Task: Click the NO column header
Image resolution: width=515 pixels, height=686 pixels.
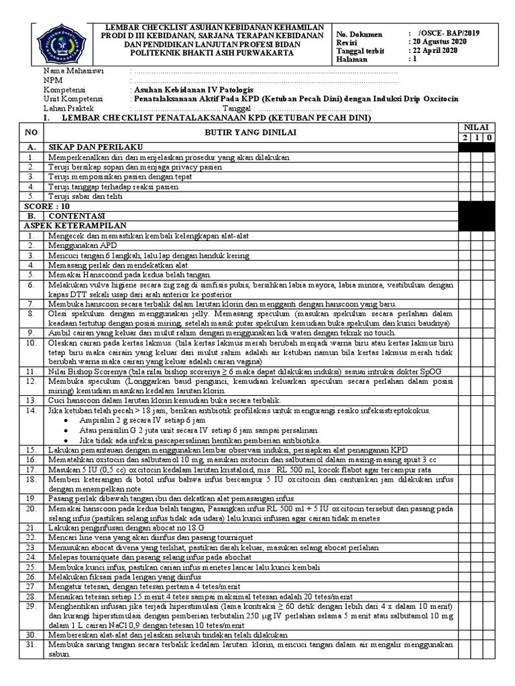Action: pyautogui.click(x=30, y=133)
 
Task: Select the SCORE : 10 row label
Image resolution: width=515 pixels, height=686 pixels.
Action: pyautogui.click(x=42, y=207)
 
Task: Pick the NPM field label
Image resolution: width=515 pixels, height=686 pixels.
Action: pyautogui.click(x=52, y=80)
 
